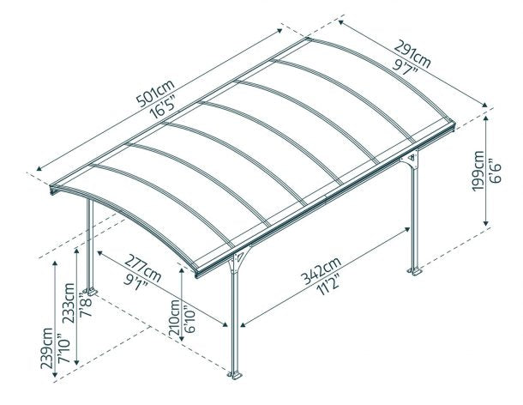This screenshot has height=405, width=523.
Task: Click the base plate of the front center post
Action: click(x=234, y=374)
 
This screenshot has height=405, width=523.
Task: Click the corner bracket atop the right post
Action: click(x=412, y=160)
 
